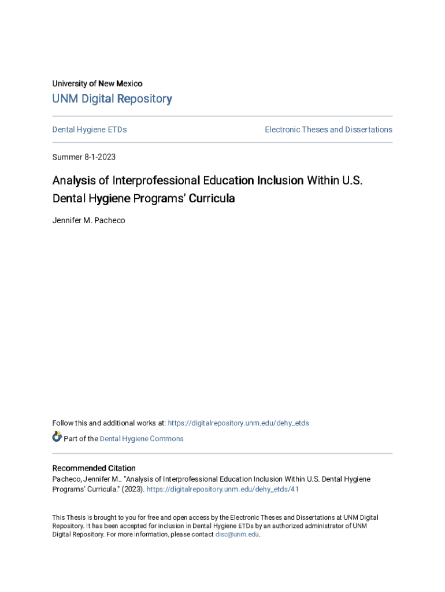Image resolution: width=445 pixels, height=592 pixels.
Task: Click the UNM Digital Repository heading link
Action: tap(112, 99)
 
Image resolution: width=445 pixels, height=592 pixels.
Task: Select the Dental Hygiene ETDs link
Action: tap(90, 129)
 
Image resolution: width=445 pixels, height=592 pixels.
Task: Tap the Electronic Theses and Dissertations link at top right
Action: tap(328, 129)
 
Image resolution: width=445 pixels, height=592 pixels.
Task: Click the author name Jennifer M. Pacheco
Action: tap(88, 220)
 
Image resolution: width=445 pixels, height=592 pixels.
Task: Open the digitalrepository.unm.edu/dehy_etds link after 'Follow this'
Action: tap(238, 423)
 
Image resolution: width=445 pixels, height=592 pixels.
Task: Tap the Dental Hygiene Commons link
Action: tap(142, 439)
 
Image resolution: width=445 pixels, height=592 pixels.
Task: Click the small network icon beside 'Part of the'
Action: tap(57, 437)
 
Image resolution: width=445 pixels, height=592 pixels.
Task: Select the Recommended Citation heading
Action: tap(94, 468)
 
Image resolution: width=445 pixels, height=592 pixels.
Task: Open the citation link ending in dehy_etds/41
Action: tap(222, 489)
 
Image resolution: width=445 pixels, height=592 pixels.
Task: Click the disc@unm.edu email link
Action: tap(237, 535)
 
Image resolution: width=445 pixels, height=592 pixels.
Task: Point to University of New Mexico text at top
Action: tap(97, 84)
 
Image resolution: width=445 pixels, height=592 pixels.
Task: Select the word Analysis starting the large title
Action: tap(73, 180)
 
